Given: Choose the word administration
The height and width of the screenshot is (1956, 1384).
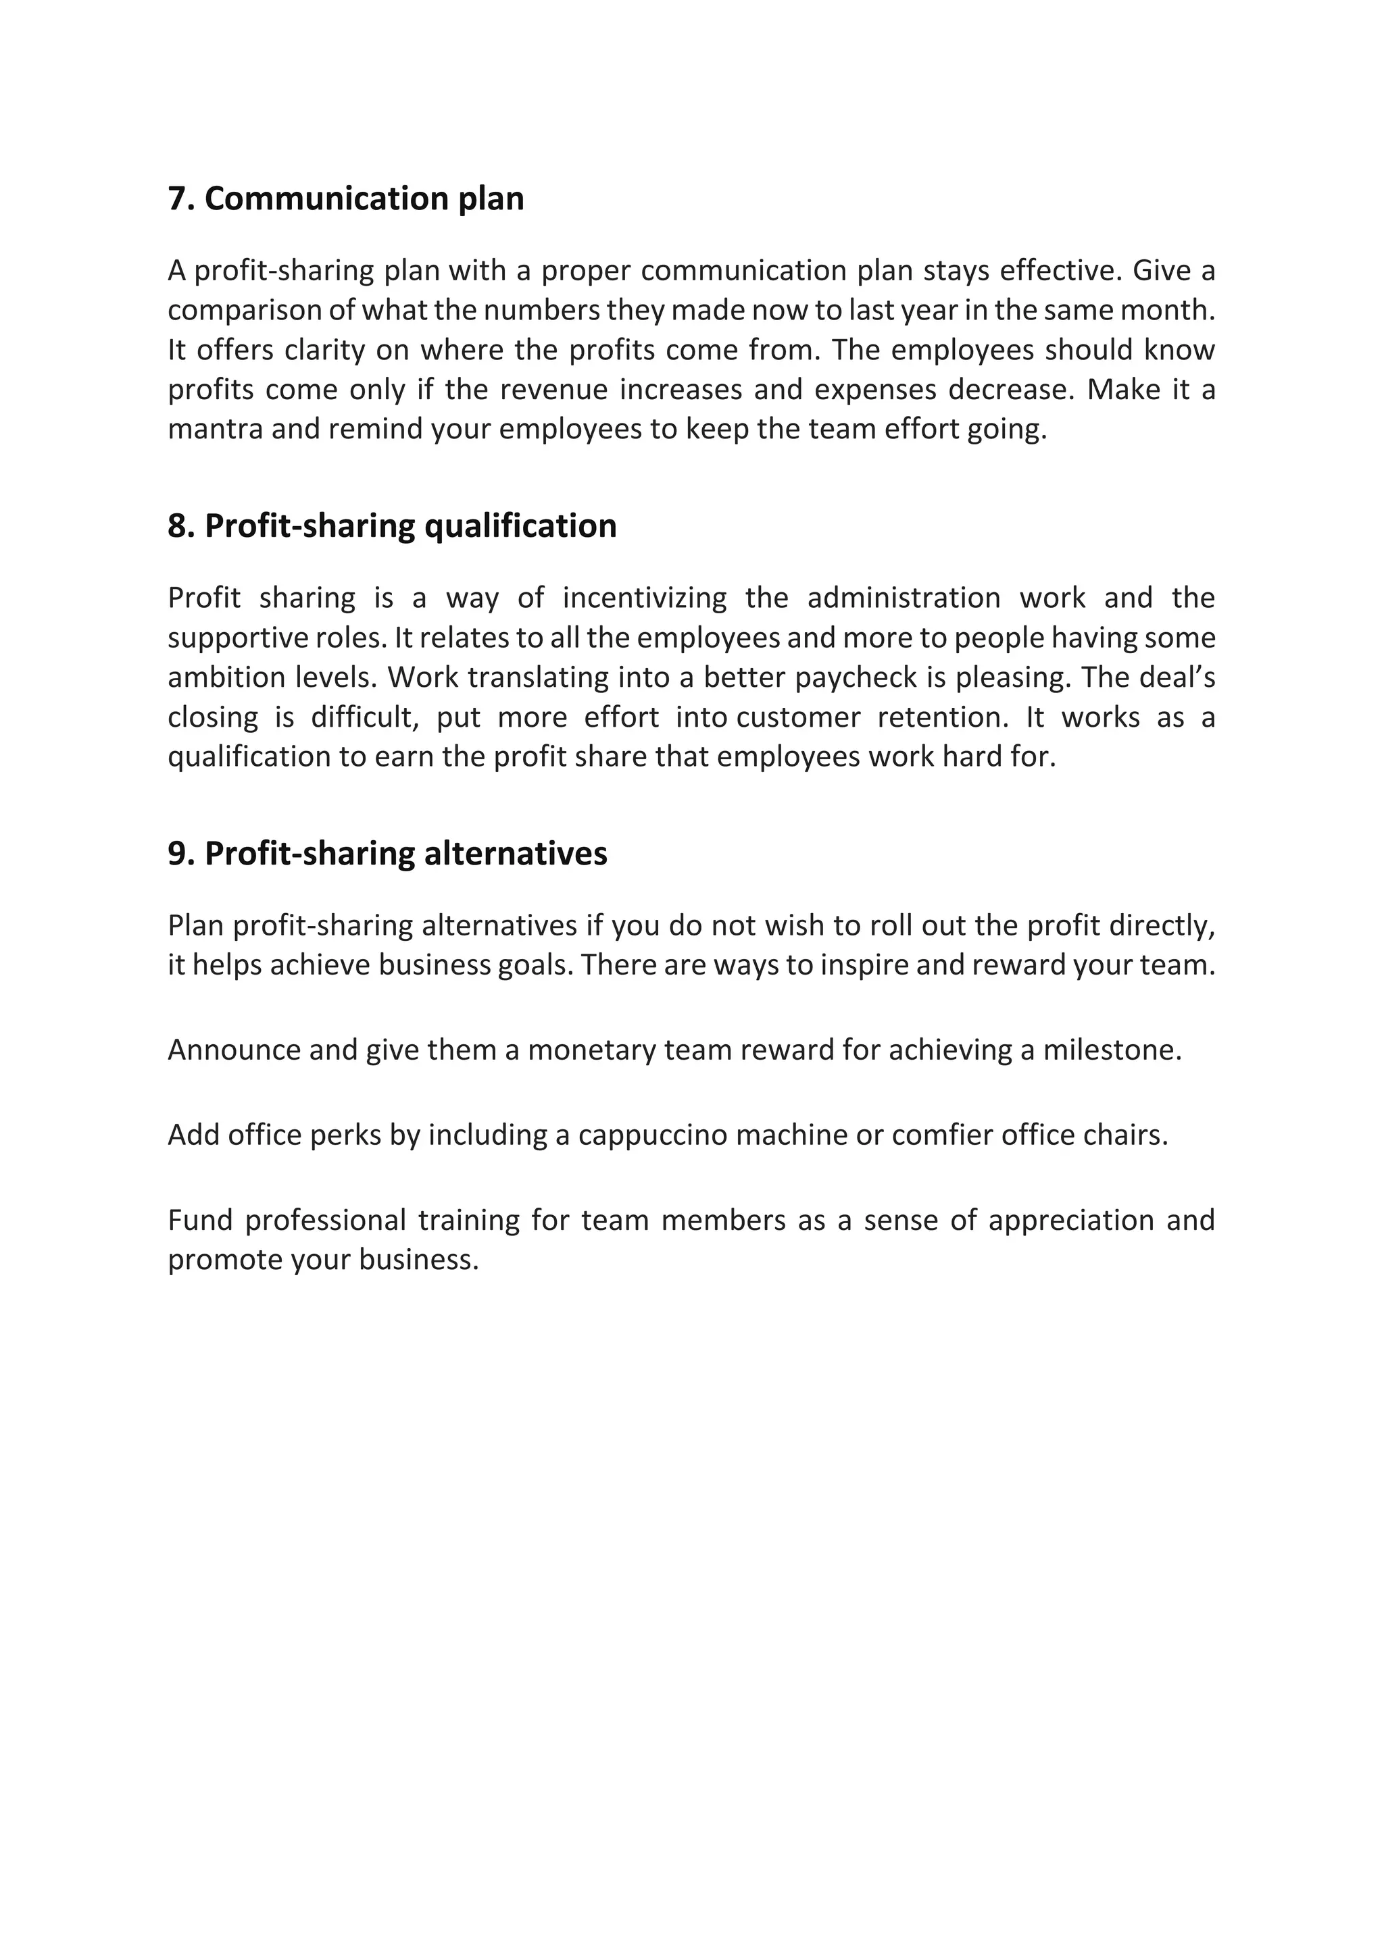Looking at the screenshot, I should click(x=904, y=598).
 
